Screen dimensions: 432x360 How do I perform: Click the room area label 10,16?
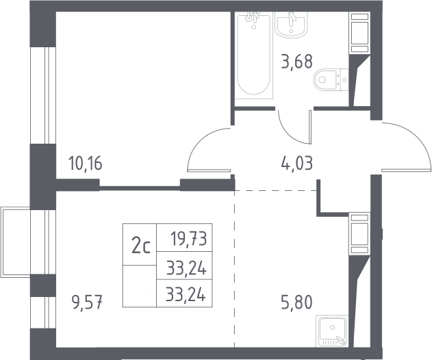click(85, 164)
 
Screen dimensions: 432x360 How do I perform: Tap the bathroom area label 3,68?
click(296, 62)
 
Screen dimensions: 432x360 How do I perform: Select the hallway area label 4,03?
click(296, 164)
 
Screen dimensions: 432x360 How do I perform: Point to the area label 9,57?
click(87, 303)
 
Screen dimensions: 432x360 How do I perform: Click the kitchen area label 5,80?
click(296, 302)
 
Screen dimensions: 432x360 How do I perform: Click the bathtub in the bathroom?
click(254, 55)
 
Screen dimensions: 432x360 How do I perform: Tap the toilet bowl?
click(325, 79)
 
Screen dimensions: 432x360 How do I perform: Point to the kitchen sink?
click(332, 331)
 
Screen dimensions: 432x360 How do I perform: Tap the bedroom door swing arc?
click(199, 140)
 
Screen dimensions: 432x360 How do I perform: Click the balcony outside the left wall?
click(15, 242)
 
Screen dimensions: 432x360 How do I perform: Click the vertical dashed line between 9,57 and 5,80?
click(234, 269)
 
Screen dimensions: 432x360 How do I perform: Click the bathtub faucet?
click(253, 16)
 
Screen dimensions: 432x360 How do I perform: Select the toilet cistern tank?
click(344, 79)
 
